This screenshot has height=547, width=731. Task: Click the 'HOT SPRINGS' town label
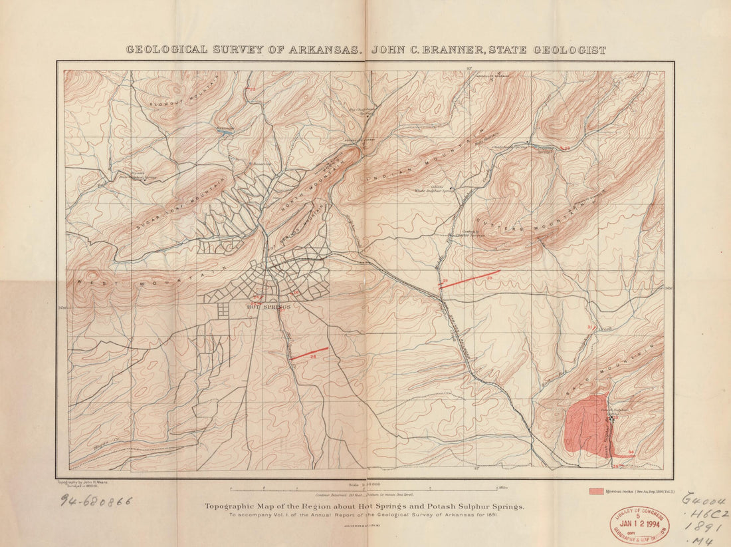click(x=268, y=307)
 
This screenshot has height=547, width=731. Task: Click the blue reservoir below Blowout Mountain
click(x=225, y=131)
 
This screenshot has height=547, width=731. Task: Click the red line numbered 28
click(x=310, y=353)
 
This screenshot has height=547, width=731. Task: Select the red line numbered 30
click(x=469, y=279)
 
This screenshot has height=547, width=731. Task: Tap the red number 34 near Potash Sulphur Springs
click(x=630, y=452)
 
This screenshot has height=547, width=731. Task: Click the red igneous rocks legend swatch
click(x=597, y=491)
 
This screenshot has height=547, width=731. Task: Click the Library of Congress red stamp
click(x=639, y=524)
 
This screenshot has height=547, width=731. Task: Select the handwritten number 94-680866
click(x=97, y=500)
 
